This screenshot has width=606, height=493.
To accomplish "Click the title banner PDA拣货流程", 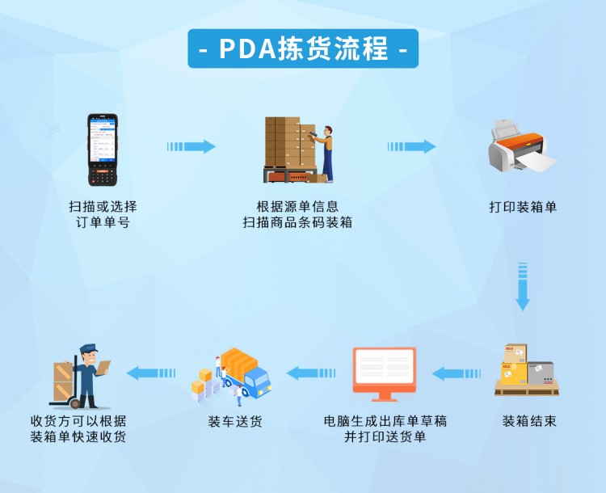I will pyautogui.click(x=303, y=48).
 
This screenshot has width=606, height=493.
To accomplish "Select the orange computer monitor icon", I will pyautogui.click(x=384, y=375).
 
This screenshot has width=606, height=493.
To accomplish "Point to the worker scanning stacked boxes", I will pyautogui.click(x=298, y=150).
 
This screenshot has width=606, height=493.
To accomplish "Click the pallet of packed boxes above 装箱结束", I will pyautogui.click(x=523, y=370).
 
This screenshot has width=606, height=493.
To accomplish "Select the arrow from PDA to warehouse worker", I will pyautogui.click(x=191, y=146).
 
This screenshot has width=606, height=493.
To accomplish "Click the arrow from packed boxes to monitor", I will pyautogui.click(x=457, y=373).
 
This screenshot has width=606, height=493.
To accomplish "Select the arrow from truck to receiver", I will pyautogui.click(x=152, y=373).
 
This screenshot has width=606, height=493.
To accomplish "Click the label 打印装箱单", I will pyautogui.click(x=523, y=207).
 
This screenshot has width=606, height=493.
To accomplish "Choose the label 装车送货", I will pyautogui.click(x=235, y=421).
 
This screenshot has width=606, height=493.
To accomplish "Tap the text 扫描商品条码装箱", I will pyautogui.click(x=297, y=222).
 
